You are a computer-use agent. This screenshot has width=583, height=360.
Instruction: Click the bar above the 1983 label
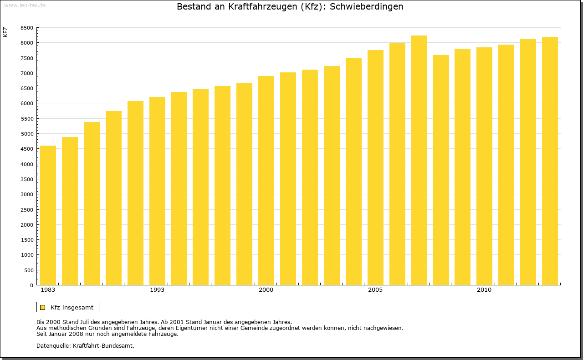(x=48, y=215)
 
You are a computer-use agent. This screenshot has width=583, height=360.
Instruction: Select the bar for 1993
(x=157, y=191)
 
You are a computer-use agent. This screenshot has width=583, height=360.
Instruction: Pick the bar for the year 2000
(x=266, y=181)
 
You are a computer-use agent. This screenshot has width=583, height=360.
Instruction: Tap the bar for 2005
(x=375, y=167)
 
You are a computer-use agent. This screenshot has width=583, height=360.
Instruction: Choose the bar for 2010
(x=484, y=166)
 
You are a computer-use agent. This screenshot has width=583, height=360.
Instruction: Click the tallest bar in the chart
(x=419, y=160)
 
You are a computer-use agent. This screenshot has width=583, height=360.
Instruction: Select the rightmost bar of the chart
(x=550, y=161)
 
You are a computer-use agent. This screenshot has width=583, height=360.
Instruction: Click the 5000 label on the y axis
(x=27, y=134)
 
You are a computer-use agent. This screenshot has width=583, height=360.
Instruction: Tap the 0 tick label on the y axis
(x=31, y=285)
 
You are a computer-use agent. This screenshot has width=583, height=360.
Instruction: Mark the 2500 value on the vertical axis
(x=27, y=209)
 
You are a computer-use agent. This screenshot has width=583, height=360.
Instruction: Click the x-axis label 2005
(x=375, y=290)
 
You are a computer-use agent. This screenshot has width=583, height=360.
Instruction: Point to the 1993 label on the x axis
(x=157, y=290)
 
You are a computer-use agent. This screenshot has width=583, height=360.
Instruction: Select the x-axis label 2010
(x=484, y=290)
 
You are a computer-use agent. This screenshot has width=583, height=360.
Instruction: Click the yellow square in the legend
(x=43, y=307)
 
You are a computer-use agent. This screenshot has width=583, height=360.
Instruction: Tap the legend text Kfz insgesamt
(x=72, y=307)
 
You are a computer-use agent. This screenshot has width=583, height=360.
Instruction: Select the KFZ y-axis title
(x=5, y=32)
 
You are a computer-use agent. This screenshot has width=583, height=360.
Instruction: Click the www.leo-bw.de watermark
(x=25, y=5)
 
